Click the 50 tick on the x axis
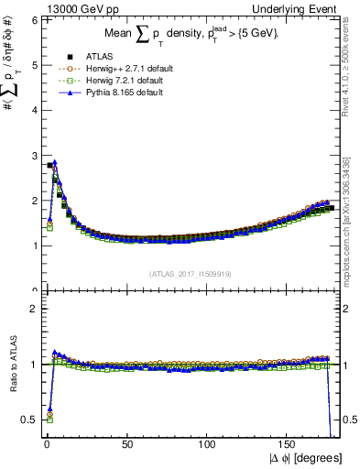click(127, 445)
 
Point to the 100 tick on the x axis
click(208, 445)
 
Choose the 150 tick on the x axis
click(289, 445)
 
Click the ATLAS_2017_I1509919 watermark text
click(190, 272)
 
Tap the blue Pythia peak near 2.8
click(55, 163)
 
